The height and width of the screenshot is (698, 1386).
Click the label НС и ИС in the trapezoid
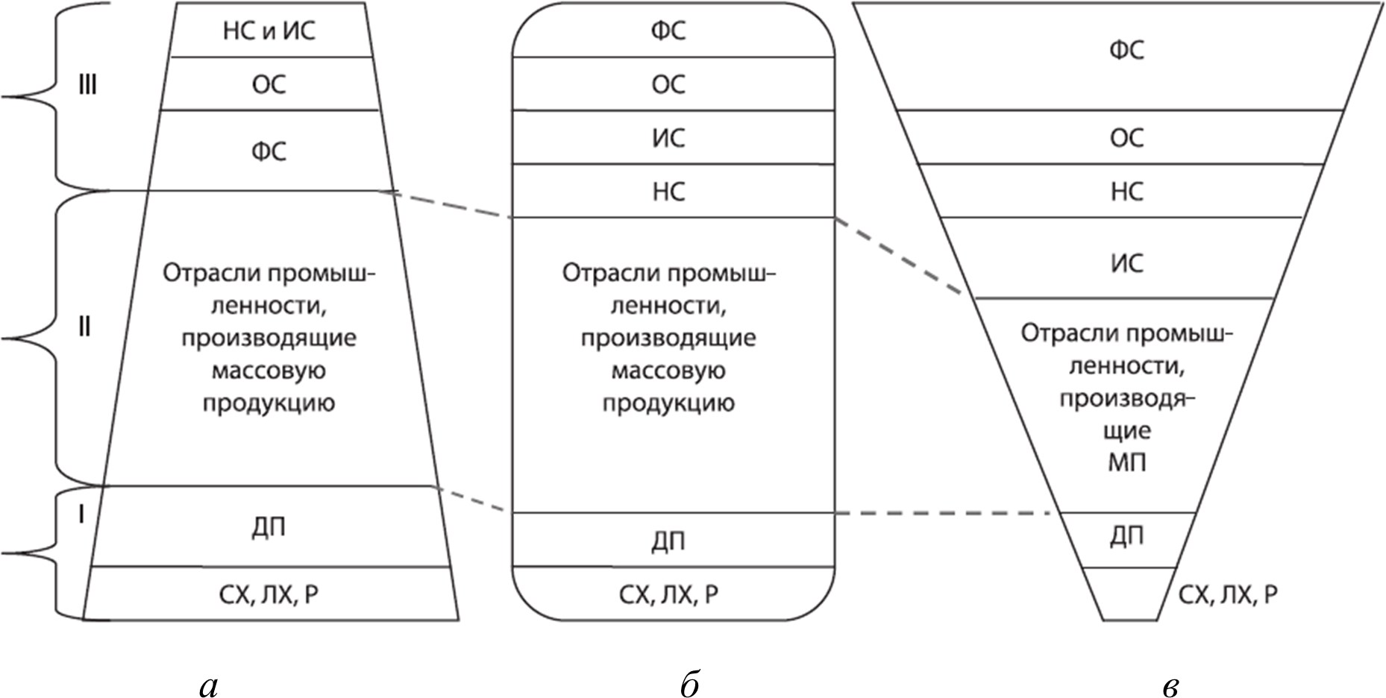(269, 31)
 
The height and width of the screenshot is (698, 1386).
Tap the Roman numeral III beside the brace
(87, 86)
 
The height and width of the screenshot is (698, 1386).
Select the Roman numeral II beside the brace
(84, 326)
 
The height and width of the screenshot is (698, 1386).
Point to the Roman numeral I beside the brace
(81, 514)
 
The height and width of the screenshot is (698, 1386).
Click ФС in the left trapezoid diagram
(269, 151)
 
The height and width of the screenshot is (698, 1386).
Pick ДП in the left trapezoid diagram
(269, 527)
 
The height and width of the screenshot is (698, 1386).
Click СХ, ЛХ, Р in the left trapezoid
(269, 594)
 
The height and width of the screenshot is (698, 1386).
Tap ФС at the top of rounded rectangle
(668, 31)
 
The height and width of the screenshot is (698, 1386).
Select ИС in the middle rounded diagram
(668, 138)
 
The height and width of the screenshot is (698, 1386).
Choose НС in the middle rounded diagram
(668, 192)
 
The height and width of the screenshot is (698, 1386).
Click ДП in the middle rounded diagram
(668, 541)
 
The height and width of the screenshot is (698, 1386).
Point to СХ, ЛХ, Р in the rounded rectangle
(668, 594)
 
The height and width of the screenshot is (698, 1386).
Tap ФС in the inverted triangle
(1126, 51)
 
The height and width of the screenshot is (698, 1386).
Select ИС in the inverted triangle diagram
(1126, 263)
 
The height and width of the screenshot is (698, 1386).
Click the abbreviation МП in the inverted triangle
(1126, 463)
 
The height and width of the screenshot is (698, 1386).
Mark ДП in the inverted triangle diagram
(1126, 536)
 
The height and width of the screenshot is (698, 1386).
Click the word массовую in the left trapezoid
(269, 371)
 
